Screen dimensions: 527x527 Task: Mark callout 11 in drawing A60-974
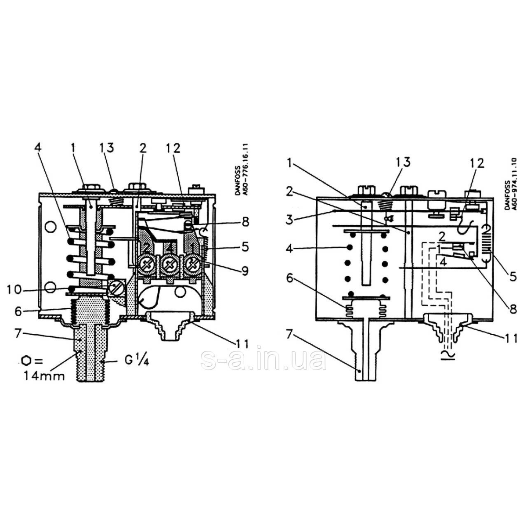coord(509,339)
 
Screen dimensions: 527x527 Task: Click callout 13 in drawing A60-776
coord(106,148)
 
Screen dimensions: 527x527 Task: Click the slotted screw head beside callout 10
coord(116,289)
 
